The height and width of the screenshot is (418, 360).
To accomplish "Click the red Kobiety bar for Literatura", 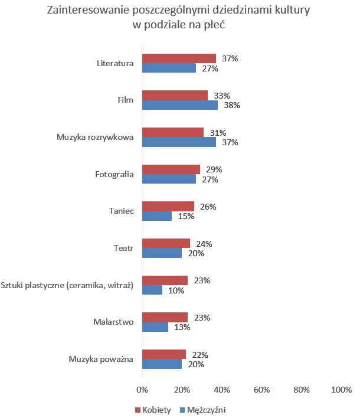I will tap(179, 58).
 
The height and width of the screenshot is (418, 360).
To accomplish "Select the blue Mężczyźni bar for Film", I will tap(179, 105).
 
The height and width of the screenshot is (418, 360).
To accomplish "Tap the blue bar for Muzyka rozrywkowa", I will tap(179, 142).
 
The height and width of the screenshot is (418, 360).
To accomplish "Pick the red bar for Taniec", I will tap(168, 207).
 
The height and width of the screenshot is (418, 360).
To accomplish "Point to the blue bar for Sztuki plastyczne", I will tap(152, 290).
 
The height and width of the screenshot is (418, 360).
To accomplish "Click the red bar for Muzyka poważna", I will tap(163, 355).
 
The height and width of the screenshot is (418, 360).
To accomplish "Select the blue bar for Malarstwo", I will tap(155, 327).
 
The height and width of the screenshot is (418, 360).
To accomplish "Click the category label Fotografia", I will tap(114, 174).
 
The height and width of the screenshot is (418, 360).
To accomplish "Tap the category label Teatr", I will tap(124, 249).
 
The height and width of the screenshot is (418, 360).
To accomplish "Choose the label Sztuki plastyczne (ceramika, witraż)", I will tap(67, 286).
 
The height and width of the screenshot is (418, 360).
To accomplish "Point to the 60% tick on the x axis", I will tap(261, 390).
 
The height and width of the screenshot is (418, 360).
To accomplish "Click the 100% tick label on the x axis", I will tap(341, 390).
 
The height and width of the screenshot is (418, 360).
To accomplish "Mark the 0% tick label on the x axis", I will tap(142, 390).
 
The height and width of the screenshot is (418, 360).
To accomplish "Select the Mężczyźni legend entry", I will tap(202, 409).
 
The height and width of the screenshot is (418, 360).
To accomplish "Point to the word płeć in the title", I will tap(214, 25).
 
